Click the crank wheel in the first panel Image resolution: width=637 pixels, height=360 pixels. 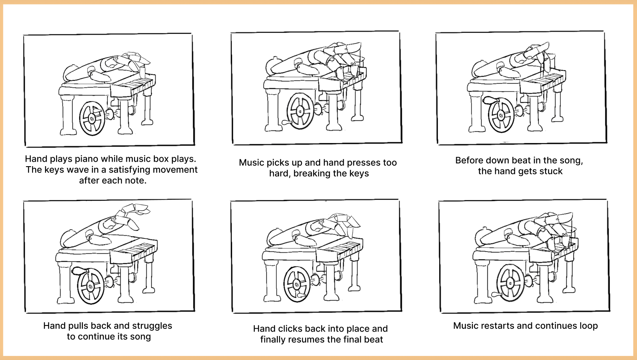(92, 118)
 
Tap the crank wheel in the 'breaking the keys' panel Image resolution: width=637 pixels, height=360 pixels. (300, 111)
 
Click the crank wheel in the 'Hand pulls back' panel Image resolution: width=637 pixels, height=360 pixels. (90, 287)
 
